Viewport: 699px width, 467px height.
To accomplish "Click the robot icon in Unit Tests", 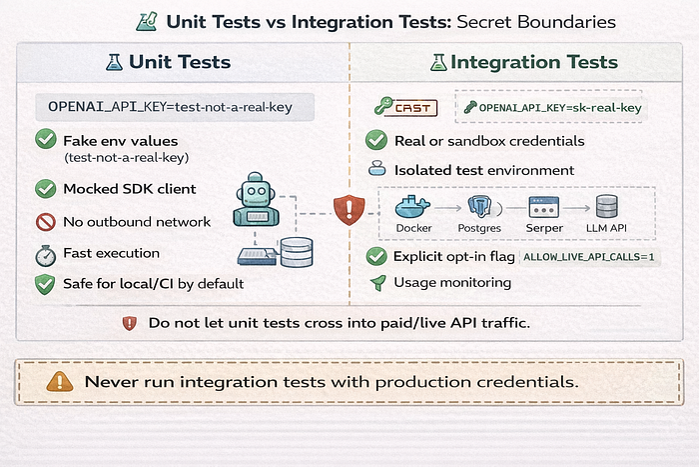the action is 256,199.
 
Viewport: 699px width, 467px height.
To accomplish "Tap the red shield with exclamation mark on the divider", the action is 349,210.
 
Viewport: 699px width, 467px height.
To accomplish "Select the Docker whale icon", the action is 412,207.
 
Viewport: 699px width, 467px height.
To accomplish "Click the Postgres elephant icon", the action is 479,207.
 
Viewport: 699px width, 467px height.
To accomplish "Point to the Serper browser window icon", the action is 544,207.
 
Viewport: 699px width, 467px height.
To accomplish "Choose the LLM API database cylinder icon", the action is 607,206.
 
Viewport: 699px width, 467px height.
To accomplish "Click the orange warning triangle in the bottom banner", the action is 60,382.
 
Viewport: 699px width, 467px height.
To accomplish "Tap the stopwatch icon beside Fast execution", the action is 46,255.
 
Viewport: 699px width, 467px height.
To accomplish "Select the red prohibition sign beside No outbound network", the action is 46,222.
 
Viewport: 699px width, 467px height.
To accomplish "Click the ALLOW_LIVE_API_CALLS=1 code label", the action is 589,257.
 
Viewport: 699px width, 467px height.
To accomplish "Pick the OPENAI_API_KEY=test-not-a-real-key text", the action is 171,107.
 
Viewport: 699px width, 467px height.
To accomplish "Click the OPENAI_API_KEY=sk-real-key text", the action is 560,108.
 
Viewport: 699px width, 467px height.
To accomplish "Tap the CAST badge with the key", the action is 405,107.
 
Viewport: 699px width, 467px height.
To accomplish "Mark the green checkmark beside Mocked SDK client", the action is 46,189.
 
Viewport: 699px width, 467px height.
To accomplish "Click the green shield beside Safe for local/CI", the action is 45,284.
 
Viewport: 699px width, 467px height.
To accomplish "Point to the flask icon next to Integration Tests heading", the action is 438,62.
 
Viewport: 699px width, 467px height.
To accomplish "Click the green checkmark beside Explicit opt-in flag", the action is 376,257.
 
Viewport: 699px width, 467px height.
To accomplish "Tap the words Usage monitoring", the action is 452,283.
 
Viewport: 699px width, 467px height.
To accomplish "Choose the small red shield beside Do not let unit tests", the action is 129,323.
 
